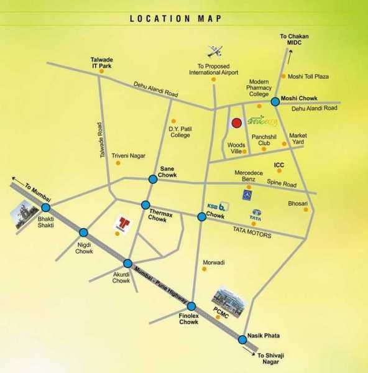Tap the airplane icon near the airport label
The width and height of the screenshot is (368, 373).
[x=214, y=51]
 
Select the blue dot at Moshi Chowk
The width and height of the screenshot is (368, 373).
[x=275, y=101]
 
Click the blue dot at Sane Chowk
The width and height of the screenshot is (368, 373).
[x=153, y=179]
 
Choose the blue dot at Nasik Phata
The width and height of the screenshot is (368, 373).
[x=242, y=339]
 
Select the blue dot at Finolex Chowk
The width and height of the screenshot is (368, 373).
[x=191, y=306]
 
